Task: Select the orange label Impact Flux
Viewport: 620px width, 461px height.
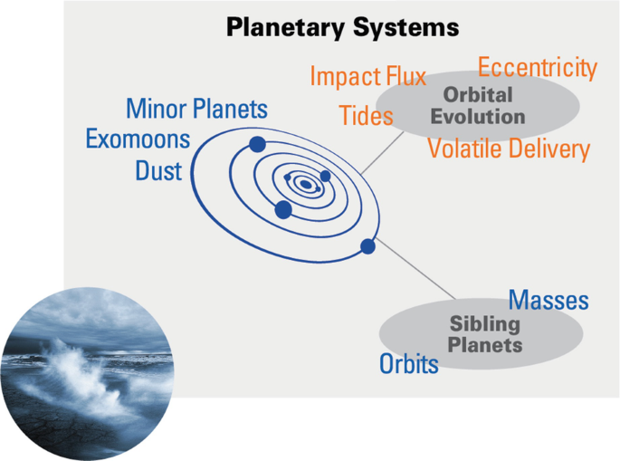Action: coord(367,77)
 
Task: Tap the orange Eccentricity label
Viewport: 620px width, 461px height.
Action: coord(538,68)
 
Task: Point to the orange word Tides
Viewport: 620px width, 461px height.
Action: coord(366,116)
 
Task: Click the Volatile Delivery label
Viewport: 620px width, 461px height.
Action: coord(508,149)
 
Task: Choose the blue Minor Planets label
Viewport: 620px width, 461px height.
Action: coord(196,110)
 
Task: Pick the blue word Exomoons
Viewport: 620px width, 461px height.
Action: coord(138,139)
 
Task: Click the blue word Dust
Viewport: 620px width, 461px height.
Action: coord(158,170)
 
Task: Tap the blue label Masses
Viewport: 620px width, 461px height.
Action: coord(548,301)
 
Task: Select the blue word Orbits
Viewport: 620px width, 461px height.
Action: coord(408,364)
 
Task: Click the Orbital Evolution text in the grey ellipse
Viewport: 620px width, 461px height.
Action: coord(478,105)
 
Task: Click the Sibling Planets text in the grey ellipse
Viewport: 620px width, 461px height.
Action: coord(486,334)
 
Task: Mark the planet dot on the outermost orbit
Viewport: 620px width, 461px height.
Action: coord(367,246)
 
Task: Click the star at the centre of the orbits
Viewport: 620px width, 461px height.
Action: coord(306,184)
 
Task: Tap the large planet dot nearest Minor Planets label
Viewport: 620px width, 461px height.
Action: coord(257,144)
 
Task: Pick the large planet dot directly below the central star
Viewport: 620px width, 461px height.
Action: coord(283,210)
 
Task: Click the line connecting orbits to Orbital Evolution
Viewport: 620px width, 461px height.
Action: coord(385,149)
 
